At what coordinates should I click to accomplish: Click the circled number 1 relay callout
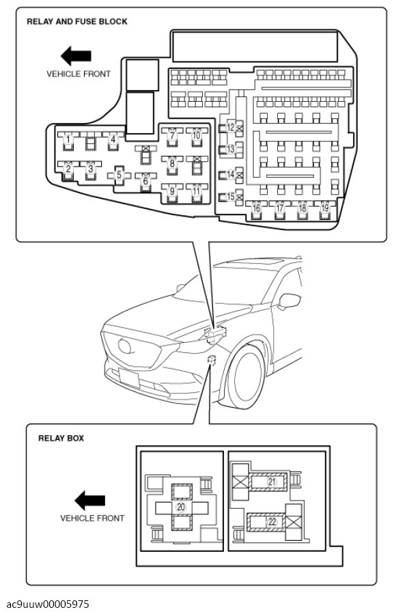pyautogui.click(x=68, y=139)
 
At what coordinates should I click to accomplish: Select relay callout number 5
pyautogui.click(x=119, y=175)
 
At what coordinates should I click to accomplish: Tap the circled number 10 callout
pyautogui.click(x=197, y=135)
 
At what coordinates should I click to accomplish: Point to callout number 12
pyautogui.click(x=231, y=127)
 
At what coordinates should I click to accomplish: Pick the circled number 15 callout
pyautogui.click(x=231, y=197)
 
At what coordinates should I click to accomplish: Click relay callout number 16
pyautogui.click(x=257, y=208)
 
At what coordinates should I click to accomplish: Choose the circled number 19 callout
pyautogui.click(x=324, y=208)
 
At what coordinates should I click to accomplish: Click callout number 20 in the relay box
pyautogui.click(x=180, y=507)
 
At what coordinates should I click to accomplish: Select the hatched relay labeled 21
pyautogui.click(x=268, y=482)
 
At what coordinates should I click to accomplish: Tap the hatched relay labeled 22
pyautogui.click(x=266, y=522)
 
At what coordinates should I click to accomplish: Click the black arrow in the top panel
pyautogui.click(x=76, y=55)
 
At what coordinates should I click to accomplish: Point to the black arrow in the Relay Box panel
pyautogui.click(x=89, y=500)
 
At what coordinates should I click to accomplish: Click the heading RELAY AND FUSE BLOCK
pyautogui.click(x=77, y=22)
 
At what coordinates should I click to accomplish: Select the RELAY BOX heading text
pyautogui.click(x=61, y=438)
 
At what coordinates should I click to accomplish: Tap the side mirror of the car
pyautogui.click(x=290, y=301)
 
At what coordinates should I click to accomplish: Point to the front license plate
pyautogui.click(x=129, y=378)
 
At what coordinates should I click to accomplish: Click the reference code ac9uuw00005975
pyautogui.click(x=48, y=604)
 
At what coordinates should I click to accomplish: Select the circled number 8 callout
pyautogui.click(x=172, y=163)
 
